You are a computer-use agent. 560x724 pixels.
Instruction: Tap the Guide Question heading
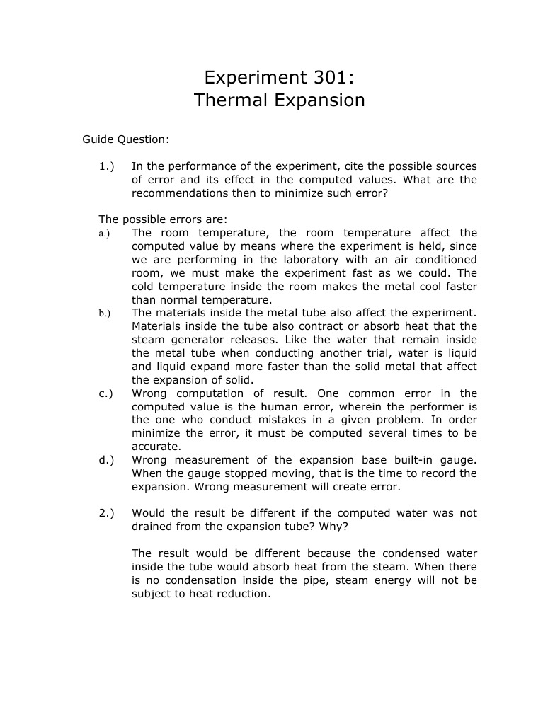(x=125, y=139)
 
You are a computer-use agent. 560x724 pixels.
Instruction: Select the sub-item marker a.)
(x=104, y=234)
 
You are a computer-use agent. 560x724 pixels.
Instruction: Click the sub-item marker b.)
(x=104, y=314)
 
